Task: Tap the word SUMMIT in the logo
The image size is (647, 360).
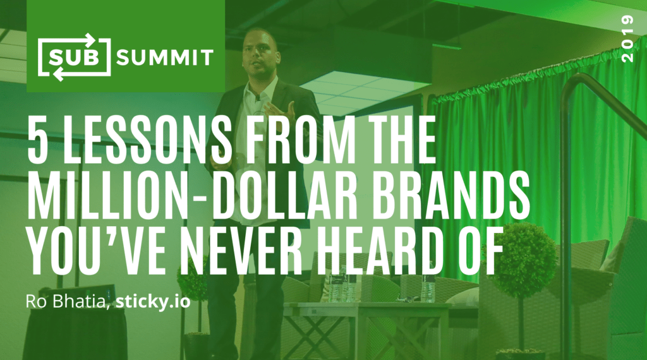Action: click(x=165, y=58)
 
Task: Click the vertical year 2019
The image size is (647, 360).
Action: click(x=627, y=39)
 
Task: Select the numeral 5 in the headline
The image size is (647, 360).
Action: click(x=36, y=138)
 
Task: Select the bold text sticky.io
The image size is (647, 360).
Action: click(x=153, y=302)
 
